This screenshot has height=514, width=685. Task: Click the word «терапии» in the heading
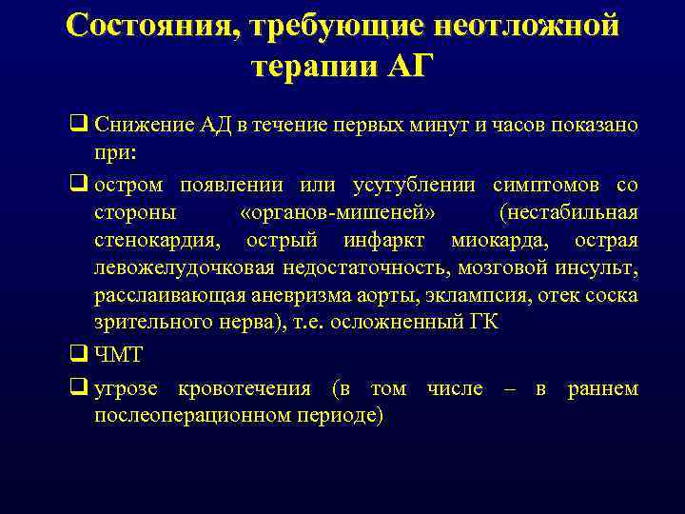(314, 68)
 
